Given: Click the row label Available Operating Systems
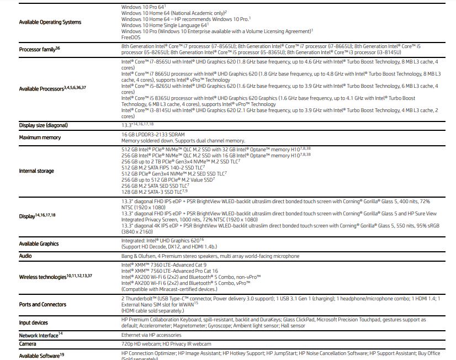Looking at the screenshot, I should (x=50, y=22).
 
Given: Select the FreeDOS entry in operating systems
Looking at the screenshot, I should (x=131, y=38).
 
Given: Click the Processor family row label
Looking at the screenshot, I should (x=39, y=50).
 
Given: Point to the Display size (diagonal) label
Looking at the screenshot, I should (x=44, y=125).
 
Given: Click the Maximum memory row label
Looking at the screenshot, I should (x=40, y=137).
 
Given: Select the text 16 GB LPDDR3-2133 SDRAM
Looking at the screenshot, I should (x=153, y=135).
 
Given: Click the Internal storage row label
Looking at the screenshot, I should (x=36, y=171).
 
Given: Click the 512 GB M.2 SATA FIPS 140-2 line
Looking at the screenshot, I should (x=162, y=167).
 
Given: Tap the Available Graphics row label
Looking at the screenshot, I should (x=39, y=244).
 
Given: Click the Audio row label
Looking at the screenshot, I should (x=25, y=256).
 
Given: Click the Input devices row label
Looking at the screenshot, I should (x=34, y=322).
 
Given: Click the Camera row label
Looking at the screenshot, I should (x=28, y=344).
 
